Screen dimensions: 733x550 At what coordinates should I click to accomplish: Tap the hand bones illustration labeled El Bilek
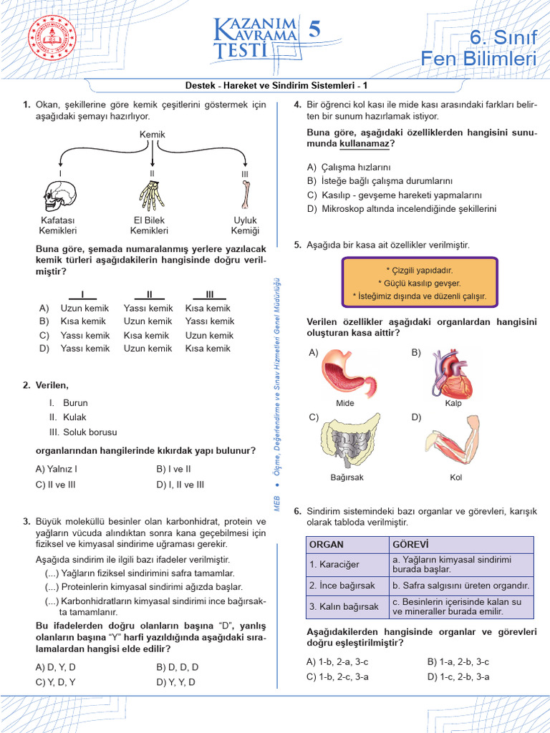pyautogui.click(x=151, y=195)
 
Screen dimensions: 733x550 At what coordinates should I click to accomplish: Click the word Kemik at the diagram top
pyautogui.click(x=152, y=135)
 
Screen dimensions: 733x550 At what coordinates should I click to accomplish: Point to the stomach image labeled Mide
pyautogui.click(x=345, y=372)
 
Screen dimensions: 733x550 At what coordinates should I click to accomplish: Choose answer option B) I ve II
pyautogui.click(x=173, y=470)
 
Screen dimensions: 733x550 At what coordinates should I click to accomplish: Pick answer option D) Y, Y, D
pyautogui.click(x=175, y=682)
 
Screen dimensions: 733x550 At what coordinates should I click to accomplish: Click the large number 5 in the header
pyautogui.click(x=314, y=30)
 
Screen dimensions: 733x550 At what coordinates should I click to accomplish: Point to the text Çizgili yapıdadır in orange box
pyautogui.click(x=420, y=270)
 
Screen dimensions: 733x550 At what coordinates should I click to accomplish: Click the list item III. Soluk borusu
pyautogui.click(x=83, y=432)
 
